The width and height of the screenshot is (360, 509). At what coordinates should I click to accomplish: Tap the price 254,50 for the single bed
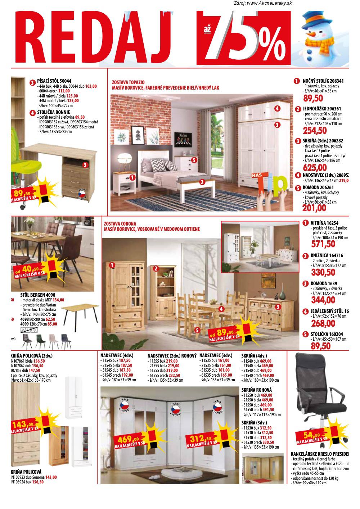click(315, 131)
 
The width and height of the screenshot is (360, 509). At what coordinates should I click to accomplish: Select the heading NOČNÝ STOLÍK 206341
click(323, 81)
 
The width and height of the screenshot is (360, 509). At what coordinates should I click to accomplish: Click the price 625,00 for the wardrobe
click(315, 168)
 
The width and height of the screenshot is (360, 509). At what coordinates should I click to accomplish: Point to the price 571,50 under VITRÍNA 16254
click(323, 244)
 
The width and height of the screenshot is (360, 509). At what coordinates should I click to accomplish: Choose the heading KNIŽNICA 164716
click(327, 256)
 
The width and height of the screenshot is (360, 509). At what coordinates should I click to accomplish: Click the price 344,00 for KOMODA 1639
click(323, 300)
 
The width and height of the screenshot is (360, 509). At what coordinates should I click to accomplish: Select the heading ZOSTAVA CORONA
click(120, 224)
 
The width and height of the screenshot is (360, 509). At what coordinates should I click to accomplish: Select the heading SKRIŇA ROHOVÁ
click(256, 390)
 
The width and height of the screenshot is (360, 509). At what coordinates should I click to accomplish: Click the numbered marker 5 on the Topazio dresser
click(194, 159)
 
